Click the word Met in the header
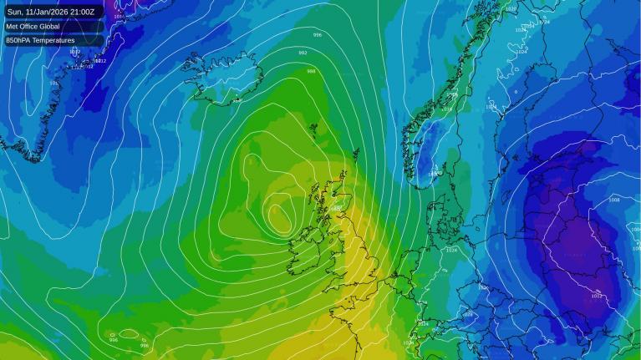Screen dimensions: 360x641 point(13,27)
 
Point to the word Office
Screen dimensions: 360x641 point(32,27)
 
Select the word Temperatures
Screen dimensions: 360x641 point(54,40)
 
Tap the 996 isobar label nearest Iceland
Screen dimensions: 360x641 point(317,35)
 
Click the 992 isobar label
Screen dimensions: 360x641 point(303,53)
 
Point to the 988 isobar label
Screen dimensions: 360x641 point(311,71)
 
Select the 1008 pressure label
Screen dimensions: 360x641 point(614,200)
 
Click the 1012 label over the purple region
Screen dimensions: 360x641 point(597,296)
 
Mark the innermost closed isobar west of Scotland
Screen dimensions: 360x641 point(277,219)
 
